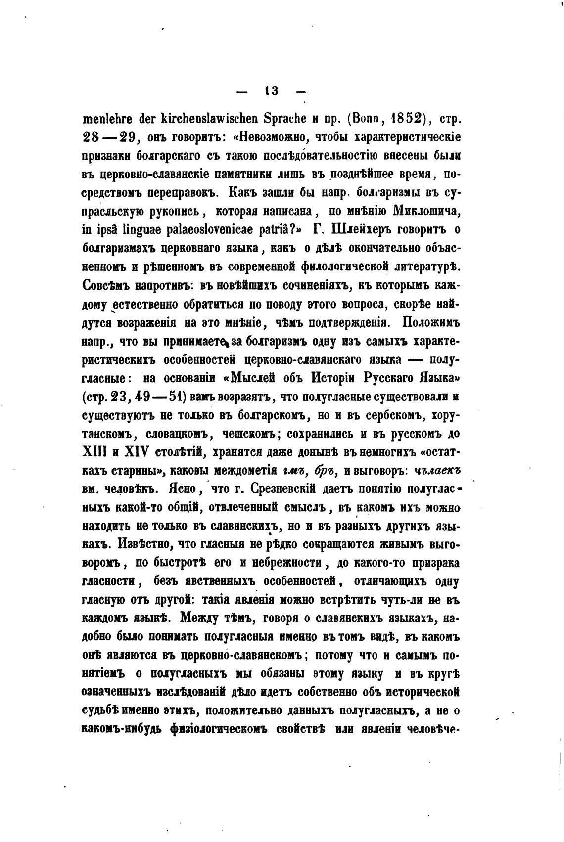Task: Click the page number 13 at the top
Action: (272, 91)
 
